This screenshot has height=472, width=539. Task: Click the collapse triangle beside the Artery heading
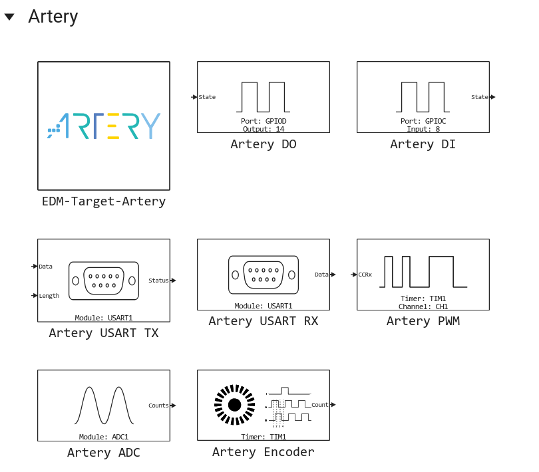(x=9, y=17)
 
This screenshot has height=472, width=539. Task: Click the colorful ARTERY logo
(x=104, y=126)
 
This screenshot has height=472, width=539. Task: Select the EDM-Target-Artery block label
(x=104, y=201)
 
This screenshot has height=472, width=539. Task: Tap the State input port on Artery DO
(x=194, y=97)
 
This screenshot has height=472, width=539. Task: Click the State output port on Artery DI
(x=492, y=97)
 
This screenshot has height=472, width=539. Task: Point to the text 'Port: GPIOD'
(x=264, y=121)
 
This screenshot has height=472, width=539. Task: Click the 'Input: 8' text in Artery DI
(x=423, y=129)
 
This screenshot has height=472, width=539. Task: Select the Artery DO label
(x=264, y=144)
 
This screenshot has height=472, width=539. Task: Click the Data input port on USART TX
(x=35, y=266)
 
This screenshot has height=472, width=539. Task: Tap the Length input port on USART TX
(x=35, y=295)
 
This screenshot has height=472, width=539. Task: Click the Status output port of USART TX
(x=173, y=281)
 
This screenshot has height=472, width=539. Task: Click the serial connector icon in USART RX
(x=264, y=275)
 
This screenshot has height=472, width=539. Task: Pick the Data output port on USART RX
(x=333, y=275)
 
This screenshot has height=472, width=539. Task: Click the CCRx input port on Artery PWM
(x=354, y=275)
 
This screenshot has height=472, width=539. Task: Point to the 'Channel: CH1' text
(x=423, y=306)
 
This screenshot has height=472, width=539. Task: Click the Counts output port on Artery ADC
(x=173, y=406)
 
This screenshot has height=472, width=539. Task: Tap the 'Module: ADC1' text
(x=104, y=437)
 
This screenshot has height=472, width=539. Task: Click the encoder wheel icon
(x=234, y=405)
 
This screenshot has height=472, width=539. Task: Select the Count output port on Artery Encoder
(x=333, y=405)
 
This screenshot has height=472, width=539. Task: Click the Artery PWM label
(x=423, y=321)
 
